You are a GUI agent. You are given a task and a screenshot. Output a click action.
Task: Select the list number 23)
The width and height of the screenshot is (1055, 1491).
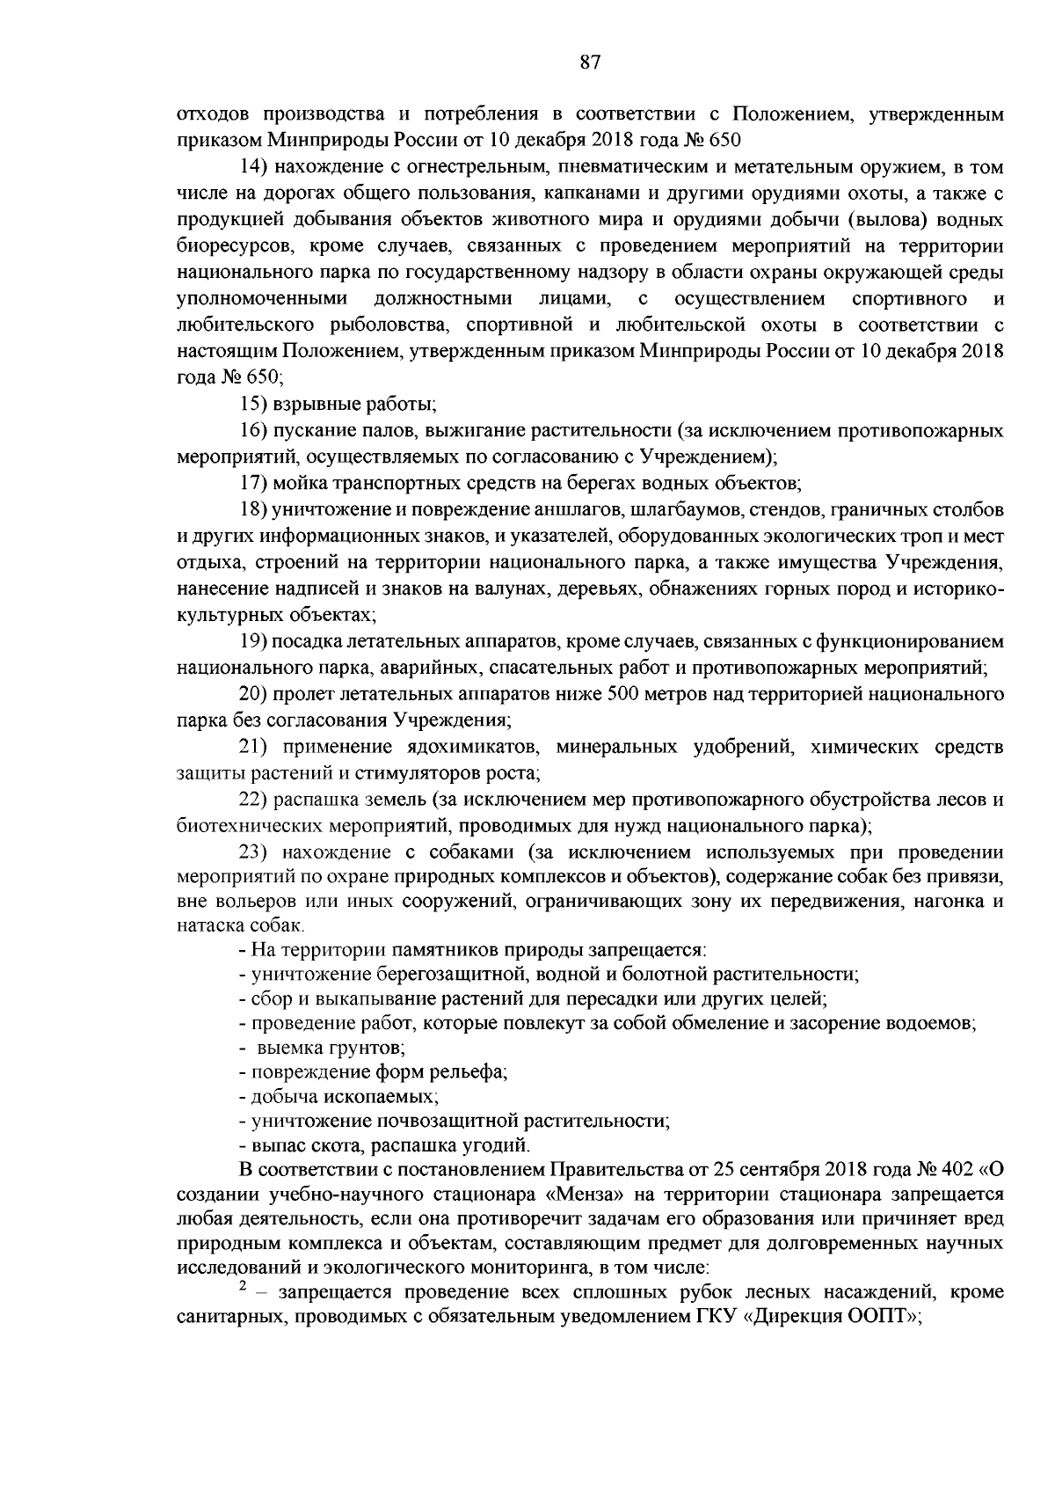tap(258, 851)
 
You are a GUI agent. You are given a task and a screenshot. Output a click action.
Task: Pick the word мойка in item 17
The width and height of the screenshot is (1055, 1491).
tap(295, 482)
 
